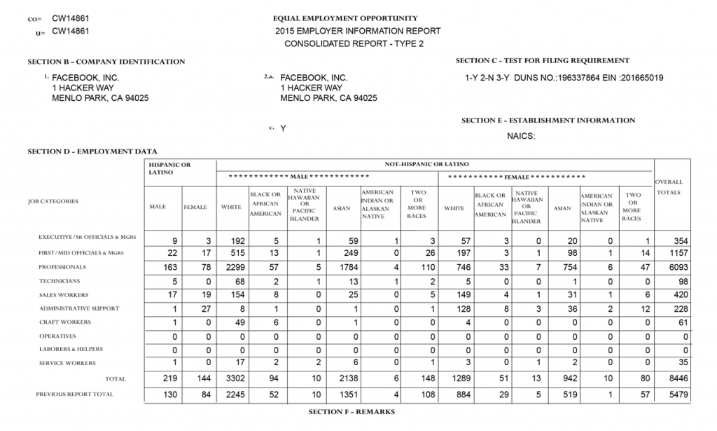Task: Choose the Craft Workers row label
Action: pos(65,322)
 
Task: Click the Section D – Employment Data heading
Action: pos(92,151)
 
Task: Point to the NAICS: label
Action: pos(521,136)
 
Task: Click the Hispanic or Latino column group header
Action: pos(169,168)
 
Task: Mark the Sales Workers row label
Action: pos(64,295)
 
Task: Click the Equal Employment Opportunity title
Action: pos(345,18)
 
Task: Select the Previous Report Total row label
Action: pos(74,395)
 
